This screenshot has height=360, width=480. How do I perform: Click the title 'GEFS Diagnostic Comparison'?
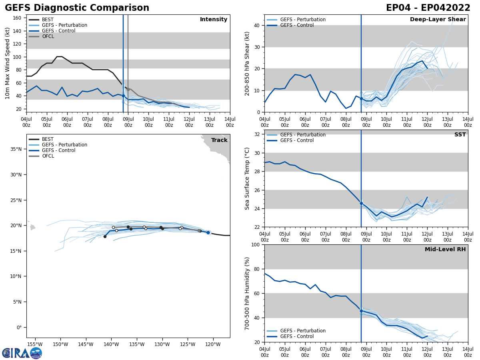point(77,8)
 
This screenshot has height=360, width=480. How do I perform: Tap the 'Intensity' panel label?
point(214,20)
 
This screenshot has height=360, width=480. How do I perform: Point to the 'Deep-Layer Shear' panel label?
point(438,20)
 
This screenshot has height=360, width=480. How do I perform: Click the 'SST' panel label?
point(460,135)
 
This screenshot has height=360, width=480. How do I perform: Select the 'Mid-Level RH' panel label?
point(445,250)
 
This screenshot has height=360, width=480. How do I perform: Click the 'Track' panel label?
point(219,140)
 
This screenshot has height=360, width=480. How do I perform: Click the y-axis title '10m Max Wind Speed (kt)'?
point(8,63)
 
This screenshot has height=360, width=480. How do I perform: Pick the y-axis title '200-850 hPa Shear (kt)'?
point(247,63)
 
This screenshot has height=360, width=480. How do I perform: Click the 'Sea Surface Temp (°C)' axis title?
point(247,178)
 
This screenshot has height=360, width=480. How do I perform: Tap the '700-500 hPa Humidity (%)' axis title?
point(247,293)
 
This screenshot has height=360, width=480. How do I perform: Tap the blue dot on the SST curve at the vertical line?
point(361,203)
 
